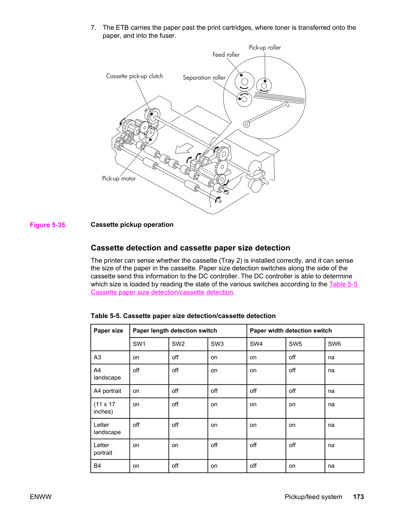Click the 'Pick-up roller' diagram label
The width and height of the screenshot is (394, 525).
(x=265, y=48)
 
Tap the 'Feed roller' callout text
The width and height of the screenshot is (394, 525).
(x=226, y=55)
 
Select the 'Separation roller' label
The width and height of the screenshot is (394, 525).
(x=204, y=78)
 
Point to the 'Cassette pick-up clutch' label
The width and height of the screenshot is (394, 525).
(x=135, y=76)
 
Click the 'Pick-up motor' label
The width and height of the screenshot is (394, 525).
(x=119, y=179)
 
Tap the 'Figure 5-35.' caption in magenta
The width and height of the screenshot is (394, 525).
(x=48, y=225)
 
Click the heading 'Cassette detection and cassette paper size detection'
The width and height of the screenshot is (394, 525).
(x=190, y=248)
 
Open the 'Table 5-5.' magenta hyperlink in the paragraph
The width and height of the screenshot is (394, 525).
(x=344, y=284)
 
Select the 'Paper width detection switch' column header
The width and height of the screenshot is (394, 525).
(x=291, y=331)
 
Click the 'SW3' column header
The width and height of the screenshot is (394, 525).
(x=217, y=344)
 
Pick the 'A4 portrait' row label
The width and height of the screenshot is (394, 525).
(x=107, y=391)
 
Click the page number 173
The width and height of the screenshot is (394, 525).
(x=359, y=497)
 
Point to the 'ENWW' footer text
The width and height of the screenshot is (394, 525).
(x=40, y=497)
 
